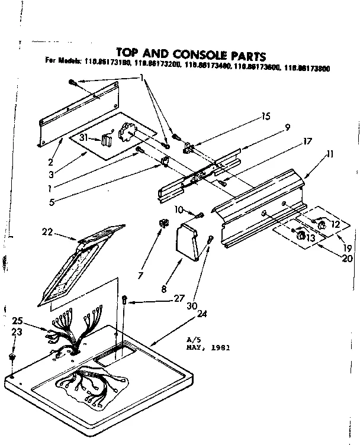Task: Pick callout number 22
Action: [x=47, y=233]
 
